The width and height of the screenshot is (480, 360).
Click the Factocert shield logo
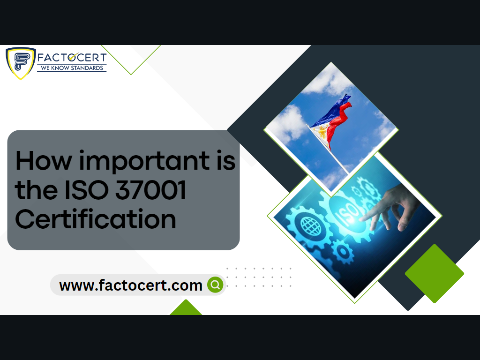21,63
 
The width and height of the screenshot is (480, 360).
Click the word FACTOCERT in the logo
72,57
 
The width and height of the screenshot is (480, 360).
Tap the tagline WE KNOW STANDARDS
72,68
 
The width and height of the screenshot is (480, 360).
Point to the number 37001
150,190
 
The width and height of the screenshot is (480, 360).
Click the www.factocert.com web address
131,285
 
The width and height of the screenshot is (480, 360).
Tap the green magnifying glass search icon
216,285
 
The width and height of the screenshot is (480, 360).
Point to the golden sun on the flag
322,132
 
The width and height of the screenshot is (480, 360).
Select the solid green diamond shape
435,273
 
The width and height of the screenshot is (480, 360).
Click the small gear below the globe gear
343,252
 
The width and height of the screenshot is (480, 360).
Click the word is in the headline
226,160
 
